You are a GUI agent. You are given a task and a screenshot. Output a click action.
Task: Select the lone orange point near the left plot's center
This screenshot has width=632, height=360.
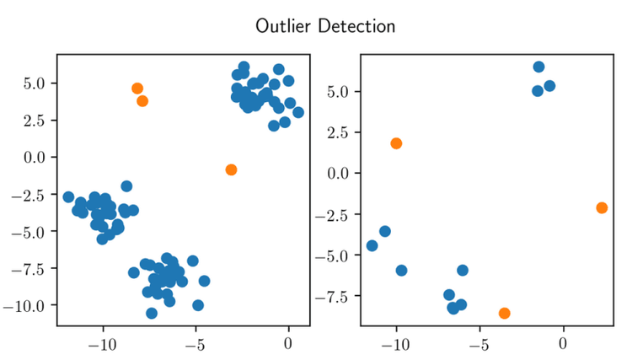231,169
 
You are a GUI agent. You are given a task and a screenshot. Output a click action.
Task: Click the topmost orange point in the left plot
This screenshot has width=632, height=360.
137,89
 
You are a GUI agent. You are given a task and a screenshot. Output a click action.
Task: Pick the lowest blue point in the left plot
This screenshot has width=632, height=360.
152,313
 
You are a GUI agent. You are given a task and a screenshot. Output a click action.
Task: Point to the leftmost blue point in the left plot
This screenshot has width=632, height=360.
68,196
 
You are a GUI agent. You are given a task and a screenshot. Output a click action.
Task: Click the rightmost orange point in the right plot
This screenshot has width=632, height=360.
602,207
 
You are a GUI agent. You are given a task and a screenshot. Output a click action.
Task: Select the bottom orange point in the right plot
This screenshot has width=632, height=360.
505,313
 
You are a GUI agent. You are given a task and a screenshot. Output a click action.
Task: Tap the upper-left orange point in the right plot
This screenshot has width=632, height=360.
396,143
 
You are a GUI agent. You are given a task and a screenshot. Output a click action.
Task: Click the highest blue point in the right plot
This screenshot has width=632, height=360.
539,67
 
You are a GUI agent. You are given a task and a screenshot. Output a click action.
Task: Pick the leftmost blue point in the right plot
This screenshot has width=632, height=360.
372,245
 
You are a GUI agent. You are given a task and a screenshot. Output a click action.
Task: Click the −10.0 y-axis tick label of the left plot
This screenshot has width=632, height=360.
28,304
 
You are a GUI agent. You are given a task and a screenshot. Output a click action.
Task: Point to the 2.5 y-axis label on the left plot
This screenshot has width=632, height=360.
38,120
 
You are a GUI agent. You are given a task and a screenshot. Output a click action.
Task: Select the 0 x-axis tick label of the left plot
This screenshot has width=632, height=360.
288,344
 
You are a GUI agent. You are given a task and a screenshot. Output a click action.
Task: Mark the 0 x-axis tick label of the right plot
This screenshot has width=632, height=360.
563,344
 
